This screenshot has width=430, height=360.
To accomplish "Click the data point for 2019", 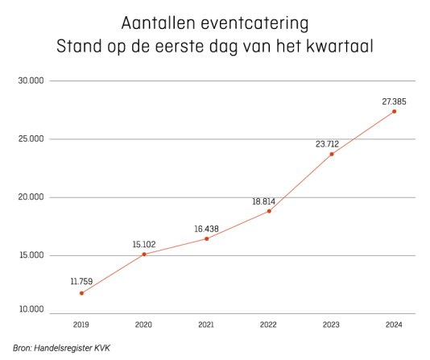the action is pyautogui.click(x=81, y=293).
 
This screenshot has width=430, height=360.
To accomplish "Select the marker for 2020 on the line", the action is pyautogui.click(x=144, y=254).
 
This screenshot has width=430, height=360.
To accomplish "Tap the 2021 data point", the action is pyautogui.click(x=206, y=238).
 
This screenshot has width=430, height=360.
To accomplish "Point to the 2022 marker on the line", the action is pyautogui.click(x=269, y=211).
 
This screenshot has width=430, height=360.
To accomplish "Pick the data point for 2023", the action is pyautogui.click(x=332, y=154).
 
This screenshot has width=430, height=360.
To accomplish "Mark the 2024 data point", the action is pyautogui.click(x=394, y=111).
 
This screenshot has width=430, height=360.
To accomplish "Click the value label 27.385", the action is pyautogui.click(x=394, y=101).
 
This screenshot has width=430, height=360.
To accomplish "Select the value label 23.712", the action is pyautogui.click(x=327, y=144).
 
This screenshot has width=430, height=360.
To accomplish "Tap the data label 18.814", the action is pyautogui.click(x=263, y=201).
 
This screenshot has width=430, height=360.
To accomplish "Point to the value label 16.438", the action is pyautogui.click(x=206, y=229).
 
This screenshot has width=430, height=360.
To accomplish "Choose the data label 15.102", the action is pyautogui.click(x=144, y=244).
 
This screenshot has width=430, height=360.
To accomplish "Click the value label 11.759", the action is pyautogui.click(x=81, y=281).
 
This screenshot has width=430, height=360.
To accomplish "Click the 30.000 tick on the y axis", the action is pyautogui.click(x=31, y=81).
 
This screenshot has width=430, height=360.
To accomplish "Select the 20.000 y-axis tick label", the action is pyautogui.click(x=31, y=197).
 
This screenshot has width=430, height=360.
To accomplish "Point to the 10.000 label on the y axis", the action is pyautogui.click(x=31, y=309).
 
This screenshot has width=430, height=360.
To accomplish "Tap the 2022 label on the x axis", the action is pyautogui.click(x=268, y=325).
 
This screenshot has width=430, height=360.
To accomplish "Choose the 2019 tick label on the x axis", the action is pyautogui.click(x=81, y=325).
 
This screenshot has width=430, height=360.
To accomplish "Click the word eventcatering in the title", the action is pyautogui.click(x=254, y=23).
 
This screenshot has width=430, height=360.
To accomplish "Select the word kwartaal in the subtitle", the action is pyautogui.click(x=340, y=46).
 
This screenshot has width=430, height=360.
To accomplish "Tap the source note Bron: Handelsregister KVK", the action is pyautogui.click(x=61, y=348).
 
